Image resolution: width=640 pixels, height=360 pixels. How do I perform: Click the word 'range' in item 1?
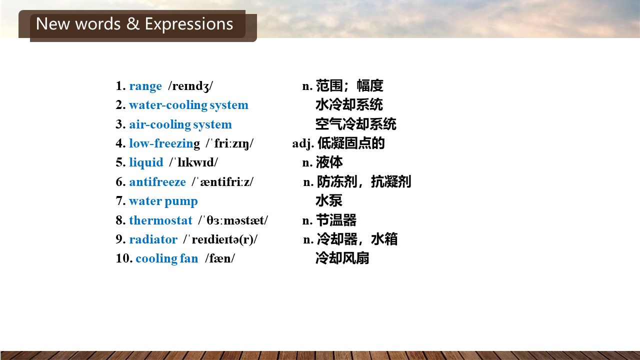click(145, 86)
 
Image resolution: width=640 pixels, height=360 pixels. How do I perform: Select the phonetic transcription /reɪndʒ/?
click(190, 86)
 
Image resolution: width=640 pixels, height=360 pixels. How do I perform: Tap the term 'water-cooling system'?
click(189, 105)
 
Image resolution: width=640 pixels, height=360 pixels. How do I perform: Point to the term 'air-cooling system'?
click(180, 125)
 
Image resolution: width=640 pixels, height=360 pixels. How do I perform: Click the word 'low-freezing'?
click(164, 143)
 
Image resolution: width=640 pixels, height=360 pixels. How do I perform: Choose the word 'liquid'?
click(146, 163)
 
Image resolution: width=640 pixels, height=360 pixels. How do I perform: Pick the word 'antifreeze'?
click(157, 182)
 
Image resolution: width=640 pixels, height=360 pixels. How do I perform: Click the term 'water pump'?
click(163, 201)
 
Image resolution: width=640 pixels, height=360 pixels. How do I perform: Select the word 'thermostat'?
click(161, 220)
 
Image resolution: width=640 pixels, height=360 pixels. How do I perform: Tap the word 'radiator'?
click(153, 239)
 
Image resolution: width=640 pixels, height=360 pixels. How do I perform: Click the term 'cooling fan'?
click(167, 258)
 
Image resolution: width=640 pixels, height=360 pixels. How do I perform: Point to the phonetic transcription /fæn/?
click(220, 258)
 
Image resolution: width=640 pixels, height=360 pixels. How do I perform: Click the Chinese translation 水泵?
click(329, 201)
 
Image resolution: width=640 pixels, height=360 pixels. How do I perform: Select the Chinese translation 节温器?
click(336, 220)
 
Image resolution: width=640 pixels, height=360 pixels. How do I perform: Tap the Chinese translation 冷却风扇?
click(342, 258)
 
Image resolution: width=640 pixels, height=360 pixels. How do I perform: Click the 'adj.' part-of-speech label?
click(303, 143)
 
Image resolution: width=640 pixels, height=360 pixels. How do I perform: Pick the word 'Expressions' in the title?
click(189, 24)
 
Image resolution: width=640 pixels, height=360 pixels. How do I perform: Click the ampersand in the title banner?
click(132, 23)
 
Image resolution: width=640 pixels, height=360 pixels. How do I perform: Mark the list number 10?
click(124, 258)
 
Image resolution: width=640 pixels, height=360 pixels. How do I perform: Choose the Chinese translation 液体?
click(329, 162)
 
